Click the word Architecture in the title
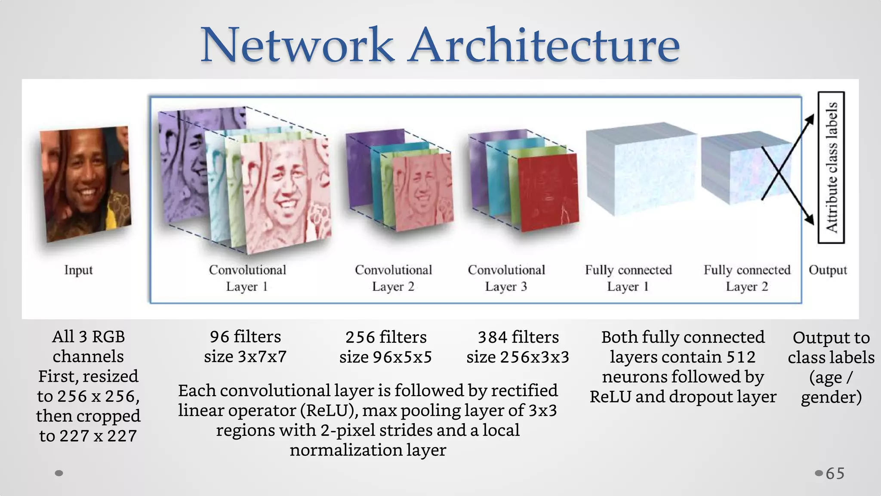pyautogui.click(x=545, y=45)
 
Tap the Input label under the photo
pyautogui.click(x=78, y=270)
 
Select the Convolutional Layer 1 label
pyautogui.click(x=247, y=278)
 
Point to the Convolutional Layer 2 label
pyautogui.click(x=393, y=278)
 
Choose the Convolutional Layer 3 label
pyautogui.click(x=506, y=278)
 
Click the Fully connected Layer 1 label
pyautogui.click(x=628, y=278)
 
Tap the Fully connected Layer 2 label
pyautogui.click(x=747, y=278)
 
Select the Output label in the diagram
pyautogui.click(x=828, y=270)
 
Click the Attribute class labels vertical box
pyautogui.click(x=831, y=167)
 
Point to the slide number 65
pyautogui.click(x=835, y=474)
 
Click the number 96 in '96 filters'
pyautogui.click(x=219, y=337)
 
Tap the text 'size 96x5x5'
pyautogui.click(x=385, y=357)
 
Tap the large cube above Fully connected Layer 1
pyautogui.click(x=641, y=168)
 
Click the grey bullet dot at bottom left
pyautogui.click(x=59, y=473)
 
